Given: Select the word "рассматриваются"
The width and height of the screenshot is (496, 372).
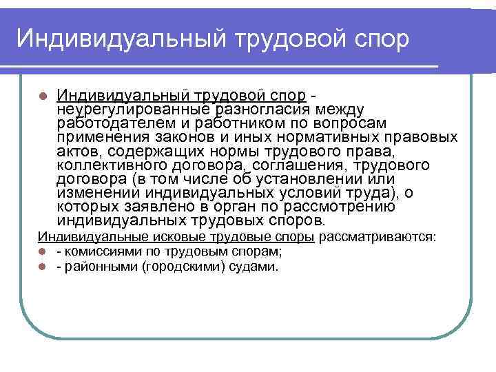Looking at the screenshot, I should click(377, 238).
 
